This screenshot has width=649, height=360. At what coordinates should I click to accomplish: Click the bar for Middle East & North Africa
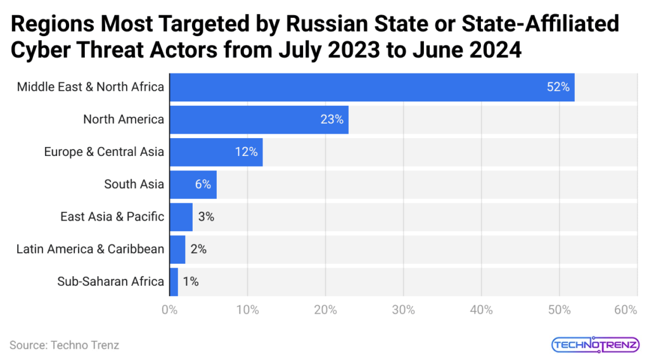(371, 87)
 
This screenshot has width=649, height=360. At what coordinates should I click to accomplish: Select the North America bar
(259, 119)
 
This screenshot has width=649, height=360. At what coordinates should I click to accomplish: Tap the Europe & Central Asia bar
(215, 151)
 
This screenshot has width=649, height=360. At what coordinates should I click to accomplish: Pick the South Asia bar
(193, 184)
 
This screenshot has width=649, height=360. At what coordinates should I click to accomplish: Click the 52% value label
(558, 87)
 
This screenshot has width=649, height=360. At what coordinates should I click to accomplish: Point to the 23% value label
(331, 119)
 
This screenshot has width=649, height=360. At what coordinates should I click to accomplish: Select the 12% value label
(246, 151)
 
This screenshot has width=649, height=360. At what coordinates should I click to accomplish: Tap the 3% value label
(206, 217)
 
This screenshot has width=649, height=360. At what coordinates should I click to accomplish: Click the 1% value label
(190, 281)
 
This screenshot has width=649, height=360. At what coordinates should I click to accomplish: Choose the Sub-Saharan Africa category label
(110, 281)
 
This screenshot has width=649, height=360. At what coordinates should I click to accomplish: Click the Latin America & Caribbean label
(90, 249)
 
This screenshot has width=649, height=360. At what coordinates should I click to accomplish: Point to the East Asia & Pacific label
(112, 217)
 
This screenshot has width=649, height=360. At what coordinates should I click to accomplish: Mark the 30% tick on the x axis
(403, 310)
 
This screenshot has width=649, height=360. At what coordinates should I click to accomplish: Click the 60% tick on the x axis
(625, 310)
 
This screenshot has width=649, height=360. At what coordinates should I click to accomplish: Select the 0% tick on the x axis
(169, 310)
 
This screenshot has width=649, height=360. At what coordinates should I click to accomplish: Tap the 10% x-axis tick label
(247, 310)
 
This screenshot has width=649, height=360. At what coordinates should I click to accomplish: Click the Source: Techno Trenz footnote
(64, 345)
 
